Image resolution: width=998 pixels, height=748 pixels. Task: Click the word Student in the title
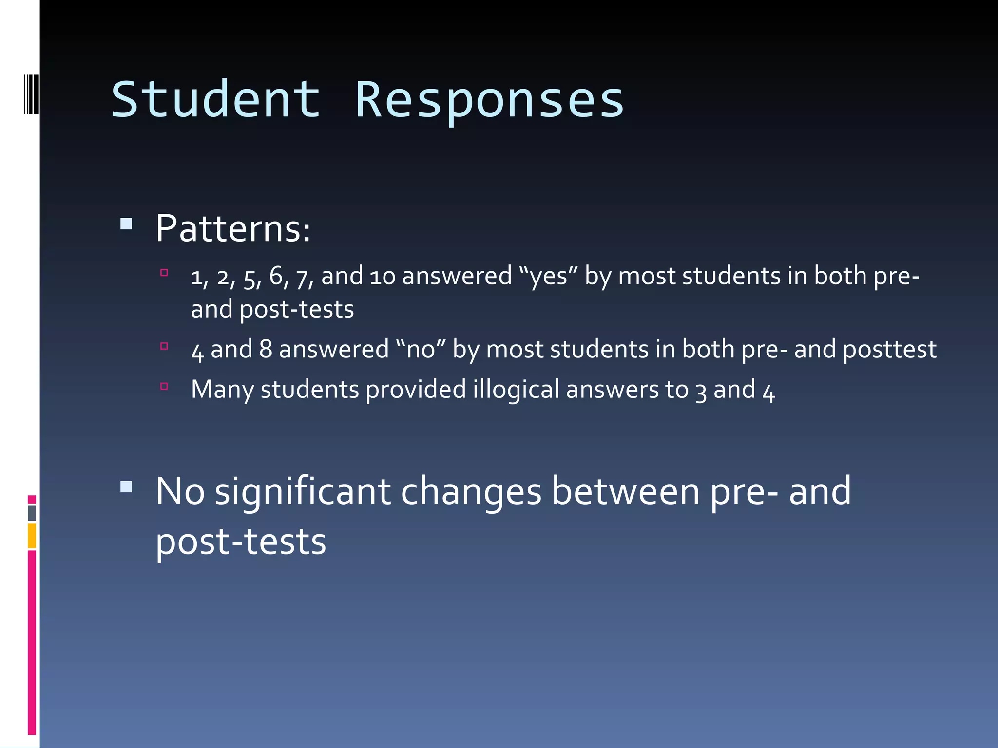pyautogui.click(x=216, y=100)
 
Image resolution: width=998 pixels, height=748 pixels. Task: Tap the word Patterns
pyautogui.click(x=232, y=229)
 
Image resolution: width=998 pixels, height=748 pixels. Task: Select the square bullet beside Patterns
pyautogui.click(x=126, y=224)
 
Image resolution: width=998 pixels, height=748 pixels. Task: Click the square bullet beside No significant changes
pyautogui.click(x=126, y=487)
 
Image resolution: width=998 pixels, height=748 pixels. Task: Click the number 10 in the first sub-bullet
pyautogui.click(x=382, y=276)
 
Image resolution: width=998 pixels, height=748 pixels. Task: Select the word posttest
pyautogui.click(x=889, y=350)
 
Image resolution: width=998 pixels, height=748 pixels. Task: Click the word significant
pyautogui.click(x=303, y=492)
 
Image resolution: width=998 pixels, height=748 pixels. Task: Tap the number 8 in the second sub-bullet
pyautogui.click(x=266, y=349)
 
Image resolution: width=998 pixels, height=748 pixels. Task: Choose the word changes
pyautogui.click(x=471, y=492)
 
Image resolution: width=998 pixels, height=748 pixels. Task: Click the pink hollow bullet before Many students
pyautogui.click(x=164, y=387)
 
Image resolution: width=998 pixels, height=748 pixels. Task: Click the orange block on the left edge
pyautogui.click(x=32, y=536)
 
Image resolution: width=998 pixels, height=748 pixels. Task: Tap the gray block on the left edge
pyautogui.click(x=32, y=513)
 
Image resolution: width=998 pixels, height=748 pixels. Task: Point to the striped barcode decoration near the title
pyautogui.click(x=31, y=94)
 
